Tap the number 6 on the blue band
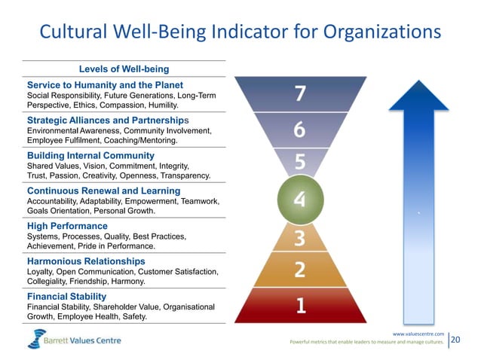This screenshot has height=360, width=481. (x=299, y=131)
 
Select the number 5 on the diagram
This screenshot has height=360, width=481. (x=299, y=162)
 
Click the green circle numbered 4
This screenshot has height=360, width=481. (x=299, y=200)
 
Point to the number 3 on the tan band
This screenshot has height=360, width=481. (x=299, y=239)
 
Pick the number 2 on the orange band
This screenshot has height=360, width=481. (x=299, y=269)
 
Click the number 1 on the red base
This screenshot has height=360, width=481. (x=300, y=305)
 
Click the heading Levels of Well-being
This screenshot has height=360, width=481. (x=124, y=70)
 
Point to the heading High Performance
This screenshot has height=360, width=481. (x=67, y=226)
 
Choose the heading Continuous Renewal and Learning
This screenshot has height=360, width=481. (x=103, y=191)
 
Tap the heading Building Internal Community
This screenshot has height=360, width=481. (x=91, y=155)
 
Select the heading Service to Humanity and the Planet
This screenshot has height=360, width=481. (x=105, y=84)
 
